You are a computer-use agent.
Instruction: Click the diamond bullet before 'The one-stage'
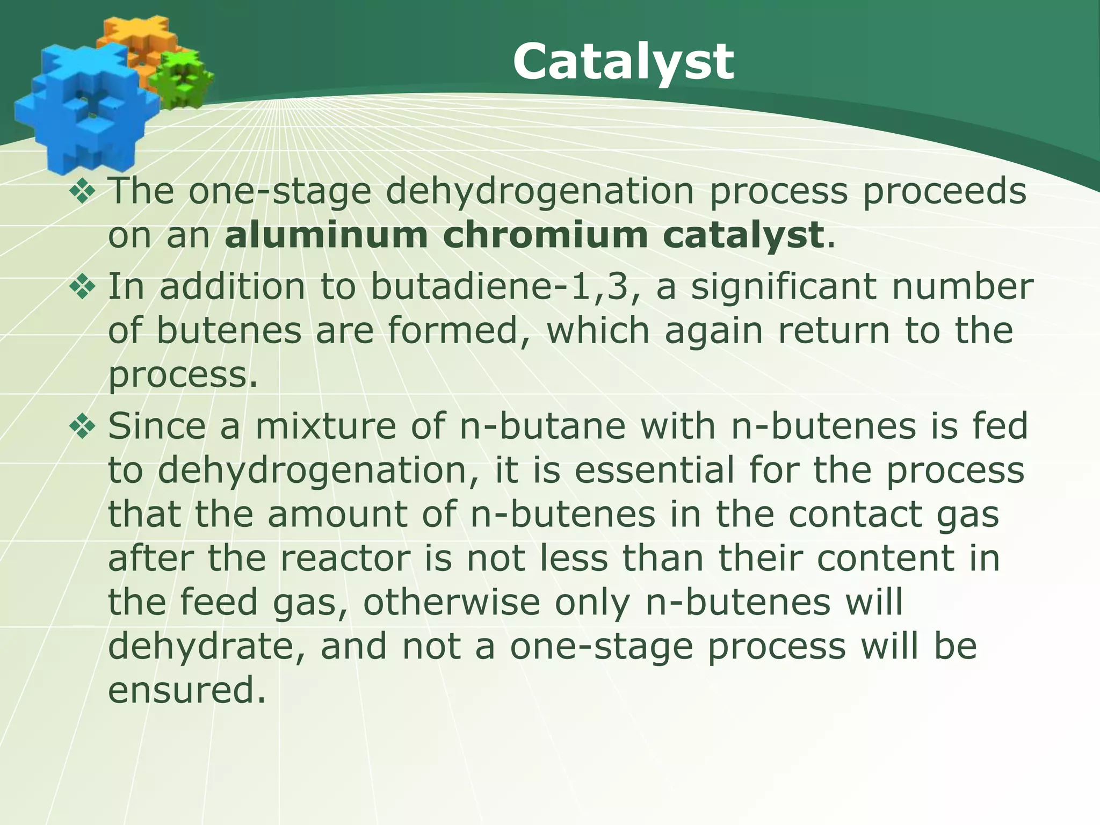coord(82,192)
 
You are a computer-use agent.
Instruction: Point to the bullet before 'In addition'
coord(82,286)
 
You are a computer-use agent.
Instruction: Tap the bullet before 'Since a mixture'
coord(82,426)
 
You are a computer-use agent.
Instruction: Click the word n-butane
coord(542,426)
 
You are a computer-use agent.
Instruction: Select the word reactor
coord(345,559)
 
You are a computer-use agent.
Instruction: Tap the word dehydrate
coord(207,647)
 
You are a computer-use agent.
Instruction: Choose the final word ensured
coord(187,691)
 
